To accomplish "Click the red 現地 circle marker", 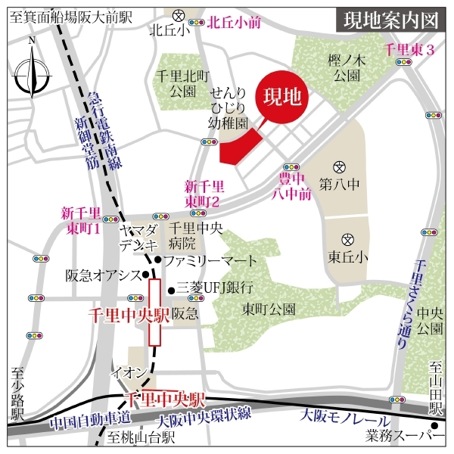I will pos(281,98).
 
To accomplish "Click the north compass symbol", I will pos(31,73).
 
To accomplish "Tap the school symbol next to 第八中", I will pos(340,166).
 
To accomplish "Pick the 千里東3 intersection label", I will pos(408,51).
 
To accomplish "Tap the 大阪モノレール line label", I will pos(344,418).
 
